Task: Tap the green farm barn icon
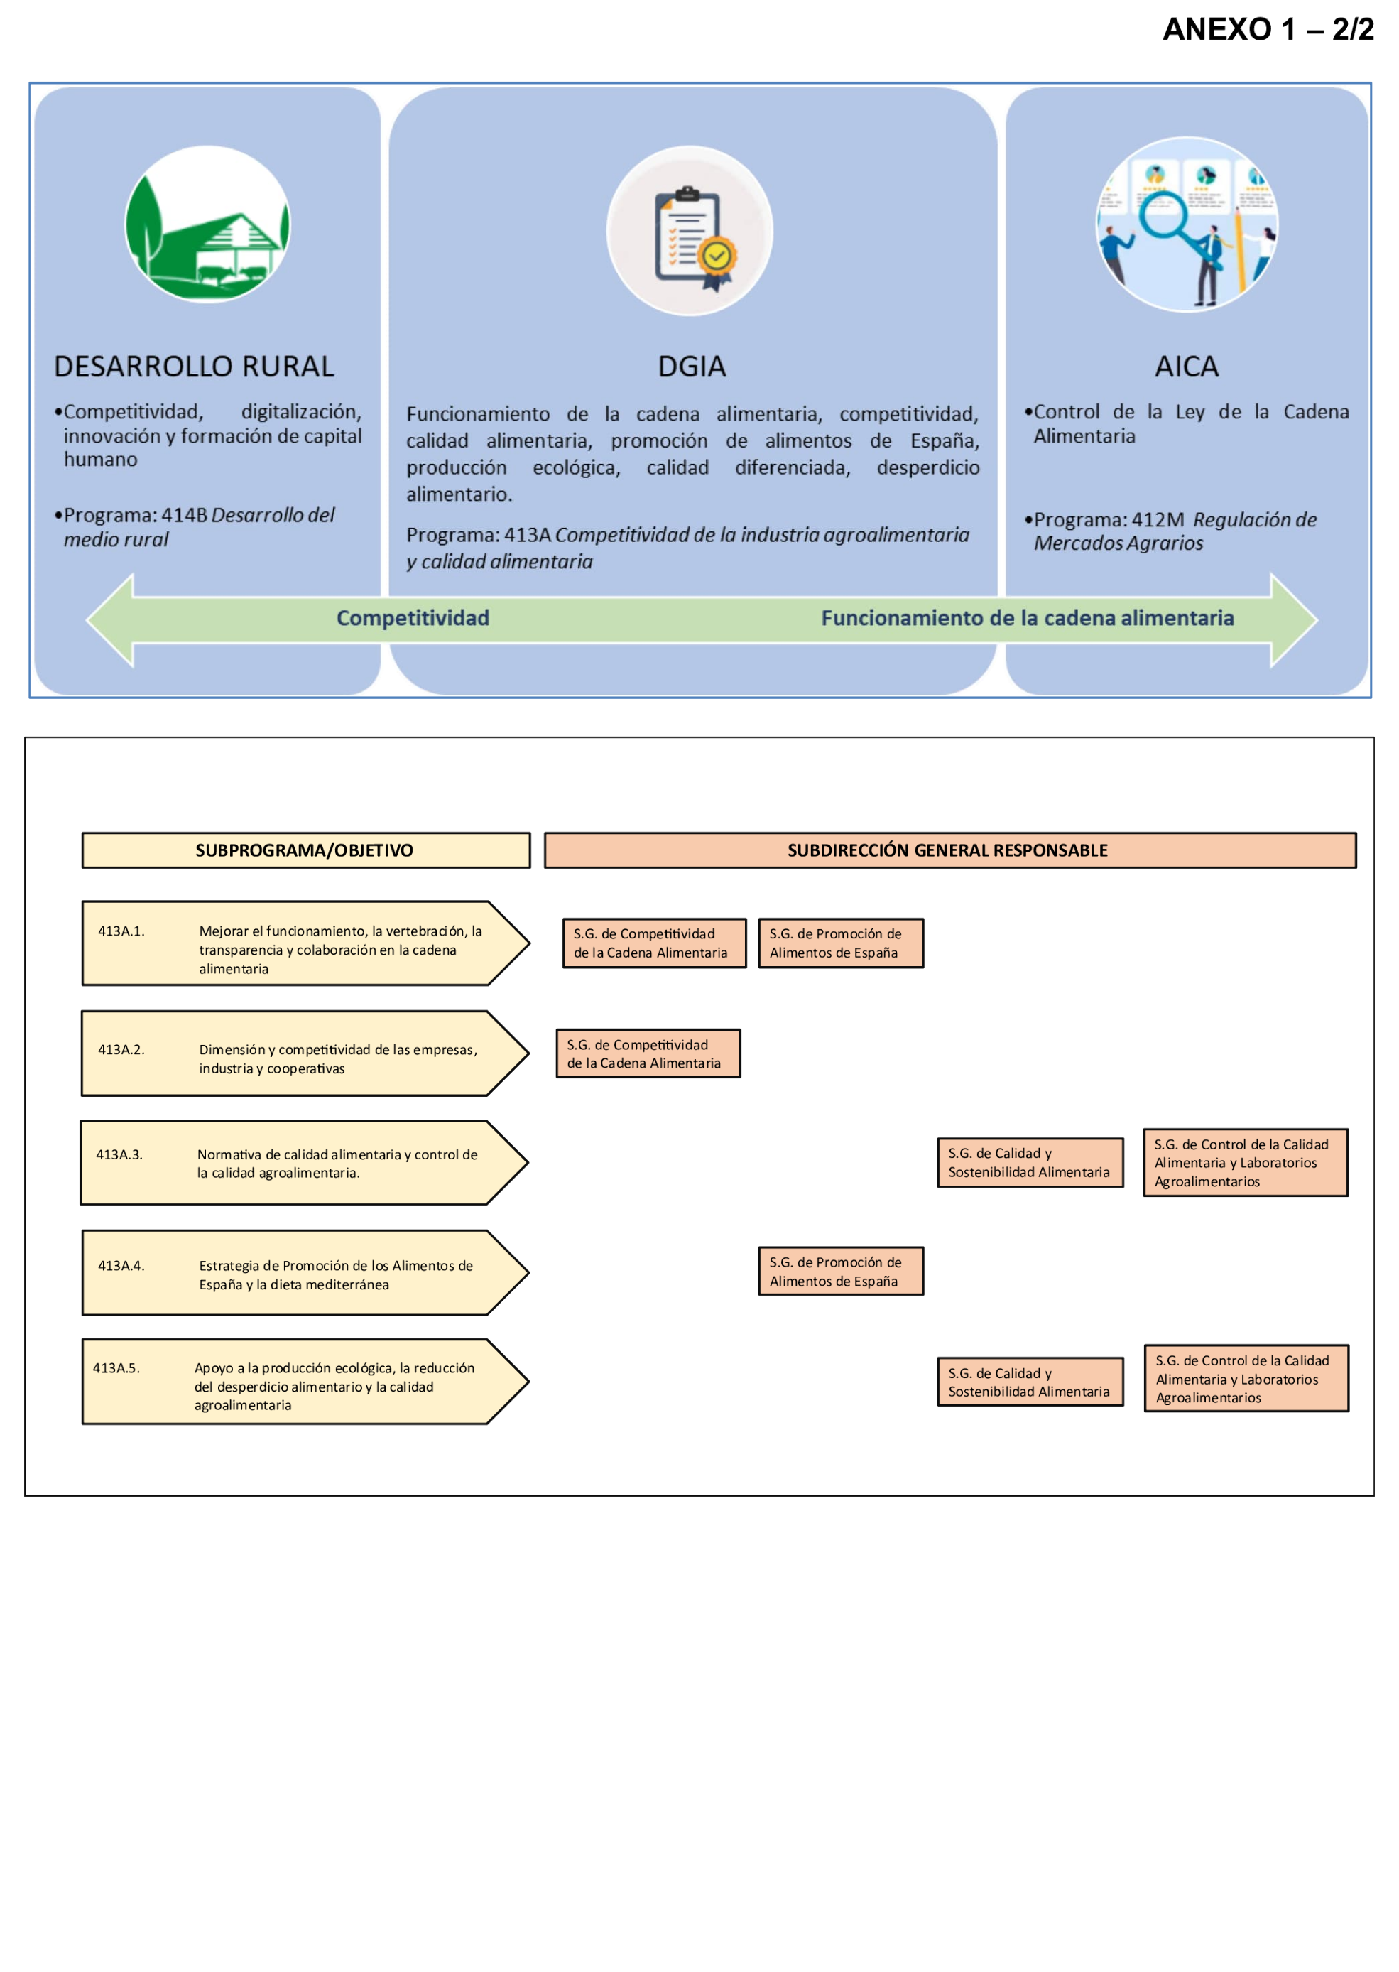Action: click(207, 225)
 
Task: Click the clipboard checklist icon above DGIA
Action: click(690, 232)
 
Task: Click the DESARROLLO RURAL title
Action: click(194, 367)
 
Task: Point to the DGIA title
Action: click(692, 367)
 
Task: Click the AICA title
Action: click(1186, 367)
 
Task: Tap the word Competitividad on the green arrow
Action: click(413, 619)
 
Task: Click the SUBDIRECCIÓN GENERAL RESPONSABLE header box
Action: click(949, 850)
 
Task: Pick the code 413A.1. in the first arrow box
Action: click(121, 931)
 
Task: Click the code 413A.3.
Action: click(119, 1154)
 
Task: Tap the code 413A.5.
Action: click(116, 1368)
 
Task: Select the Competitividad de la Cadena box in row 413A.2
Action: click(648, 1053)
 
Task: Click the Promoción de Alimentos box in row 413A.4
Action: click(840, 1272)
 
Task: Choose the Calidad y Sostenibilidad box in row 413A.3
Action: click(1030, 1163)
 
